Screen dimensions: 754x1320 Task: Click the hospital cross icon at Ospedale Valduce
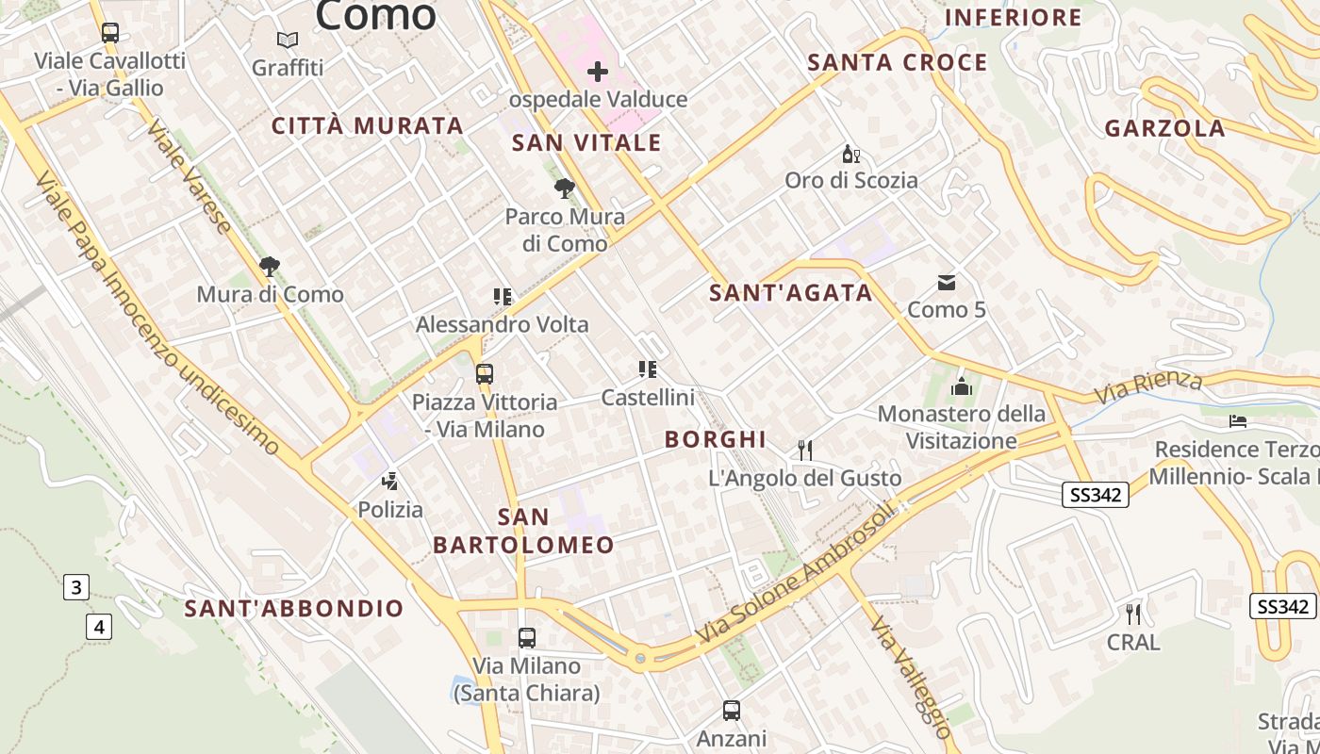(x=598, y=71)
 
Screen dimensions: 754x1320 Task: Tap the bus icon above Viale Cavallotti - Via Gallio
(x=110, y=33)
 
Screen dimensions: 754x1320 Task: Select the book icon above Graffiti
(x=288, y=41)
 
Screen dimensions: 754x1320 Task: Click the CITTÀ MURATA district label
(x=368, y=125)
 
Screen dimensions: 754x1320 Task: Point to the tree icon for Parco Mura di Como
(x=564, y=188)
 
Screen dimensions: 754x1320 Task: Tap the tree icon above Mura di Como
(x=270, y=267)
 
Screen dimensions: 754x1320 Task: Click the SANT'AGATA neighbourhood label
(x=791, y=293)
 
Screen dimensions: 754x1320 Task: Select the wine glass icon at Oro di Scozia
(x=851, y=154)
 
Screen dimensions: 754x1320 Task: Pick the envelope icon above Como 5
(x=947, y=282)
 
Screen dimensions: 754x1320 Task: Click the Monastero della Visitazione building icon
(x=962, y=385)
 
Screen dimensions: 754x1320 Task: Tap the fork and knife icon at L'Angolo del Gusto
(x=805, y=450)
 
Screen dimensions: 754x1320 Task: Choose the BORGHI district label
(x=716, y=439)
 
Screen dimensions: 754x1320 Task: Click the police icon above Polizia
(x=389, y=483)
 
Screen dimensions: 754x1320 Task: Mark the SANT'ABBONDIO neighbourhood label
(x=294, y=609)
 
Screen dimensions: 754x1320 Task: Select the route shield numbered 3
(x=76, y=588)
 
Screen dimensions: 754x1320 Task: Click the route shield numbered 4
(x=99, y=626)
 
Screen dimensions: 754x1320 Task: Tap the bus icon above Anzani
(x=732, y=711)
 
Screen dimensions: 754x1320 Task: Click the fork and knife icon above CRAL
(x=1133, y=615)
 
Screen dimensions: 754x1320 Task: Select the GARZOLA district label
(x=1165, y=129)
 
